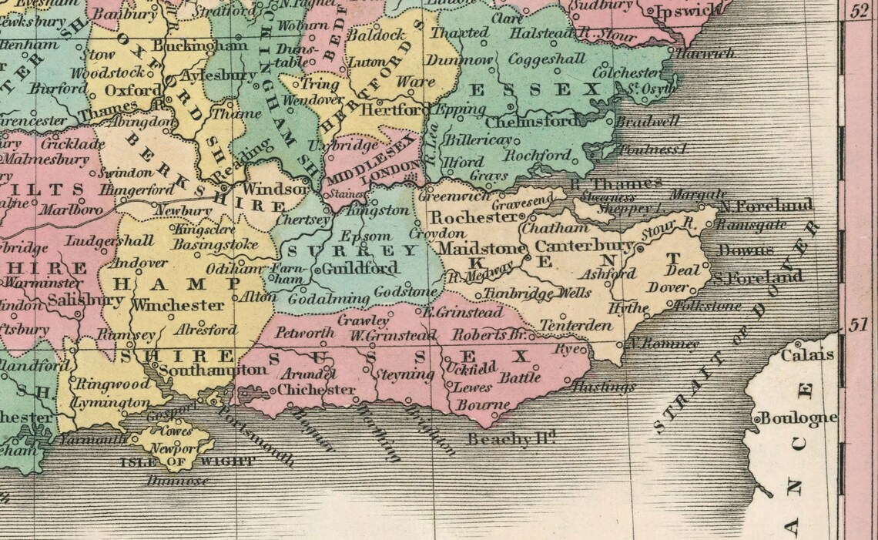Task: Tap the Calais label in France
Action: [807, 355]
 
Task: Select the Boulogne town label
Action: [799, 418]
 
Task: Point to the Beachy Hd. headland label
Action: [512, 439]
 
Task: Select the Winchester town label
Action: [177, 305]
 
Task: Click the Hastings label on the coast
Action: [604, 387]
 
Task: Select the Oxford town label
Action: [122, 90]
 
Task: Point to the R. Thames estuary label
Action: [616, 183]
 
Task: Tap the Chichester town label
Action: [316, 390]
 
